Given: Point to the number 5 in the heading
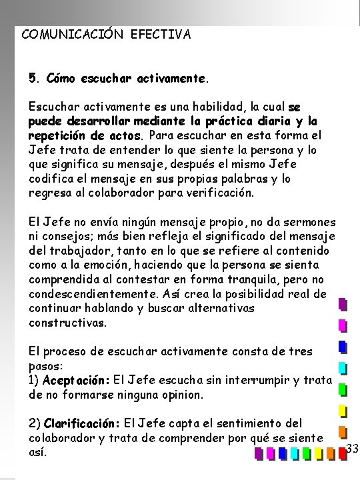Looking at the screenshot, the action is pyautogui.click(x=33, y=79).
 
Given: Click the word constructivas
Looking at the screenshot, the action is pyautogui.click(x=67, y=322).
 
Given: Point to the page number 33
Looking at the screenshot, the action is pyautogui.click(x=353, y=448).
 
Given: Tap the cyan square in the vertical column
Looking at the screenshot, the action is pyautogui.click(x=342, y=367).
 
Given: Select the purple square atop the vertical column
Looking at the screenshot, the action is pyautogui.click(x=342, y=305).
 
